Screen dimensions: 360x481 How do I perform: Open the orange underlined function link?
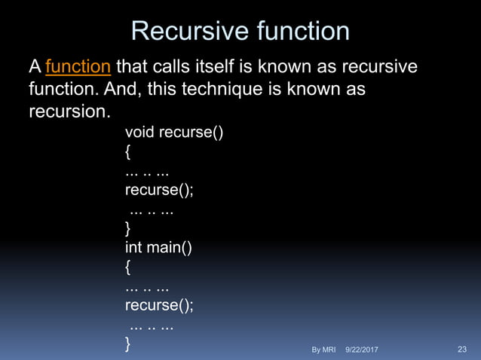[79, 69]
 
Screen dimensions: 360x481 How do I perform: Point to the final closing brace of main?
[128, 343]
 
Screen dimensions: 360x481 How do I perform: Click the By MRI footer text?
[323, 349]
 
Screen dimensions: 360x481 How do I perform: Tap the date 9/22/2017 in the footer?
[362, 349]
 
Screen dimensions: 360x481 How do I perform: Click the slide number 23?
[462, 349]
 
